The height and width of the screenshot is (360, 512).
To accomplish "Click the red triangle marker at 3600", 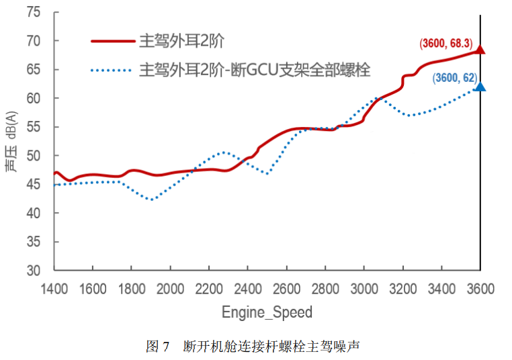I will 480,50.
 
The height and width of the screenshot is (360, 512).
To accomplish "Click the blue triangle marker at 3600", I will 480,87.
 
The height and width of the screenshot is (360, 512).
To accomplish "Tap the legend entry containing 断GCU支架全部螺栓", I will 255,69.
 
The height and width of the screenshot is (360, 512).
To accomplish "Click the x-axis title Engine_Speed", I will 267,312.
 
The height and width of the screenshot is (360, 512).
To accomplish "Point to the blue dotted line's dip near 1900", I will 152,199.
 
